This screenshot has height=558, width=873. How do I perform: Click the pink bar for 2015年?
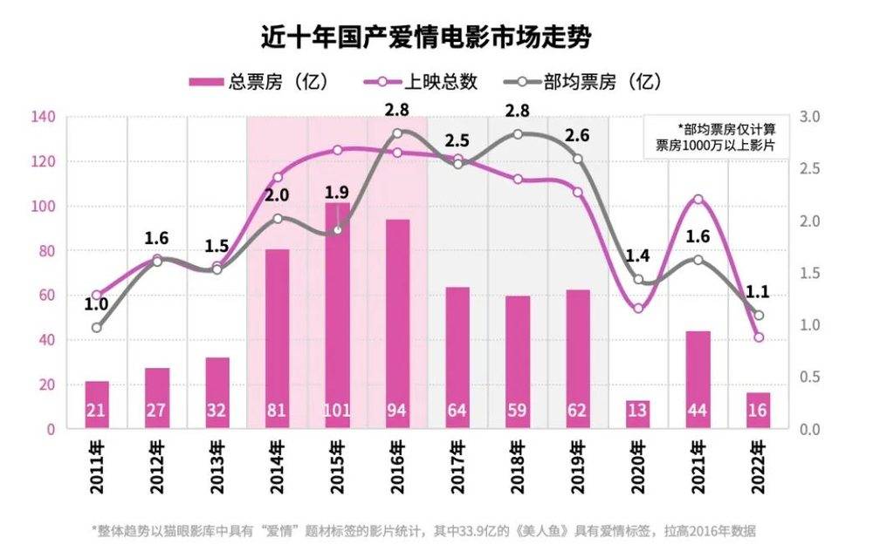tap(337, 314)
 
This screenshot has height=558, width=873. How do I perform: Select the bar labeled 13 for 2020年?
tap(638, 413)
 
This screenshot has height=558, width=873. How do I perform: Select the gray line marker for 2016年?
tap(397, 133)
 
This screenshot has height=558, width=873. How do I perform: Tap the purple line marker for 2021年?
tap(698, 200)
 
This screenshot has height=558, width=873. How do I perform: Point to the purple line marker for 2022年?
tap(759, 337)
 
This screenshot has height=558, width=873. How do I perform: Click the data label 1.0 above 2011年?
tap(96, 304)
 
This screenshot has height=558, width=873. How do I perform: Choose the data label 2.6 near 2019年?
tap(577, 135)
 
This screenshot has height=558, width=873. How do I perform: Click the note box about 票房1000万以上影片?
tap(716, 137)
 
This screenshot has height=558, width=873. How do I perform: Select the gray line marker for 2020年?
tap(638, 280)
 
